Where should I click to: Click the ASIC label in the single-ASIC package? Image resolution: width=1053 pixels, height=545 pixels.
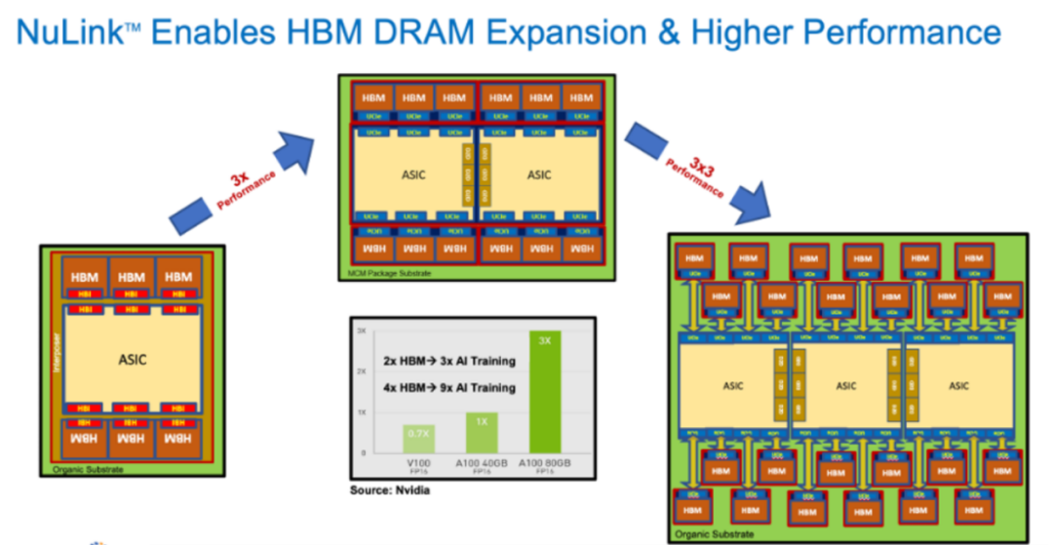(132, 359)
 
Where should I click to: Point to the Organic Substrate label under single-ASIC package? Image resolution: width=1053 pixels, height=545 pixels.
(88, 469)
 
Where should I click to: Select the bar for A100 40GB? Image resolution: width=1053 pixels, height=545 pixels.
(482, 433)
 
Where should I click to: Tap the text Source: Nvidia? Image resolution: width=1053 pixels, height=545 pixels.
(390, 490)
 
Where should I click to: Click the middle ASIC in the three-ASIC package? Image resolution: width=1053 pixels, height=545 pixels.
(845, 385)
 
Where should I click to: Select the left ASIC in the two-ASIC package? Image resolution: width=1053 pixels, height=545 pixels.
(413, 175)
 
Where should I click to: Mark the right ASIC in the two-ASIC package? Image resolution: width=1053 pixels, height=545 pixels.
(539, 175)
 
